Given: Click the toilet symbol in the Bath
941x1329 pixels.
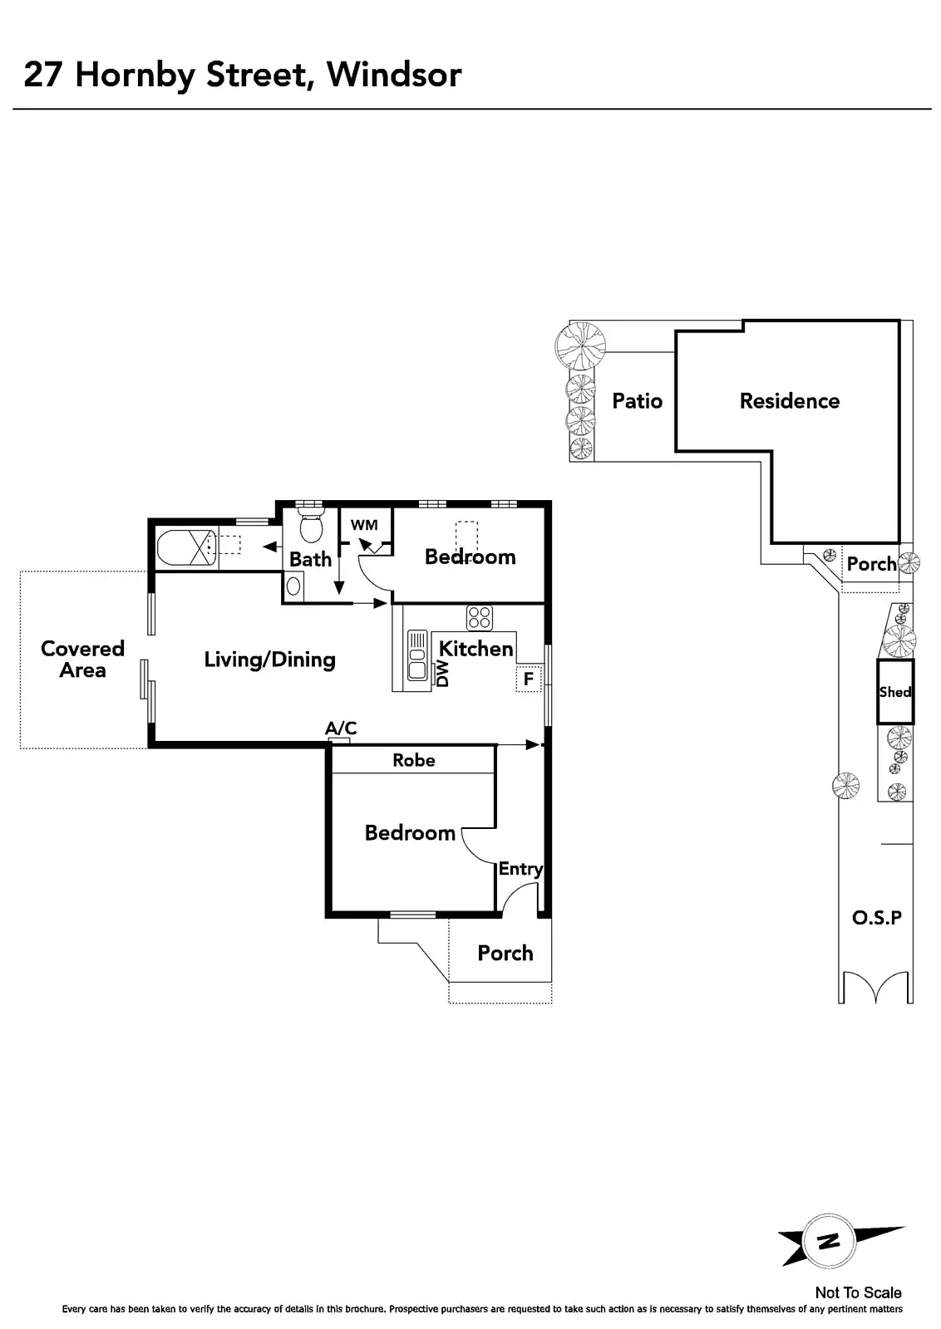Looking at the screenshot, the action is [x=311, y=527].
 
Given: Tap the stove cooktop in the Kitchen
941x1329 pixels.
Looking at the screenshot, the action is [x=480, y=618].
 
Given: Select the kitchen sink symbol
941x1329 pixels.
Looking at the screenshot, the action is [x=416, y=656].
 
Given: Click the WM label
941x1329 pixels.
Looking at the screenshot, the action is [x=364, y=525].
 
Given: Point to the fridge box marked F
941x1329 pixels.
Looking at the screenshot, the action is [x=528, y=679].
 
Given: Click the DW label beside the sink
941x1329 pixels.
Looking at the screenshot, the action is [x=442, y=674].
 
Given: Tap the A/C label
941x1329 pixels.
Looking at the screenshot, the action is [x=341, y=728].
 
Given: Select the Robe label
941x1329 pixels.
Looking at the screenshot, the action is [x=414, y=760].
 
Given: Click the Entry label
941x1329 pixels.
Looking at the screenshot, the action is [x=520, y=869].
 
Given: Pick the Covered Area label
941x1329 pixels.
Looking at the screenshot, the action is [x=82, y=660].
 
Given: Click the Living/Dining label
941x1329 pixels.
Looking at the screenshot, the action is [x=270, y=660].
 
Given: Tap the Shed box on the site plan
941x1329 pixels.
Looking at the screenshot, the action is [x=895, y=692].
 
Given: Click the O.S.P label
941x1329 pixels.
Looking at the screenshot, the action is [x=877, y=918].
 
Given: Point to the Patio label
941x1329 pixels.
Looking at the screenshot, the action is [x=637, y=401].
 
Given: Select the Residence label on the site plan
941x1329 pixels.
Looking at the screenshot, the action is [x=790, y=401].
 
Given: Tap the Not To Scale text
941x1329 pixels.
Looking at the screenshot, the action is [x=858, y=1292].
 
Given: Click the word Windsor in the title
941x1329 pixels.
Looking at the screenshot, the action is [x=394, y=75].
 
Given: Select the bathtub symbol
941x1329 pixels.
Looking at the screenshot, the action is [x=185, y=547].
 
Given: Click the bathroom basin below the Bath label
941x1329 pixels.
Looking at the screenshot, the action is [x=293, y=586].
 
